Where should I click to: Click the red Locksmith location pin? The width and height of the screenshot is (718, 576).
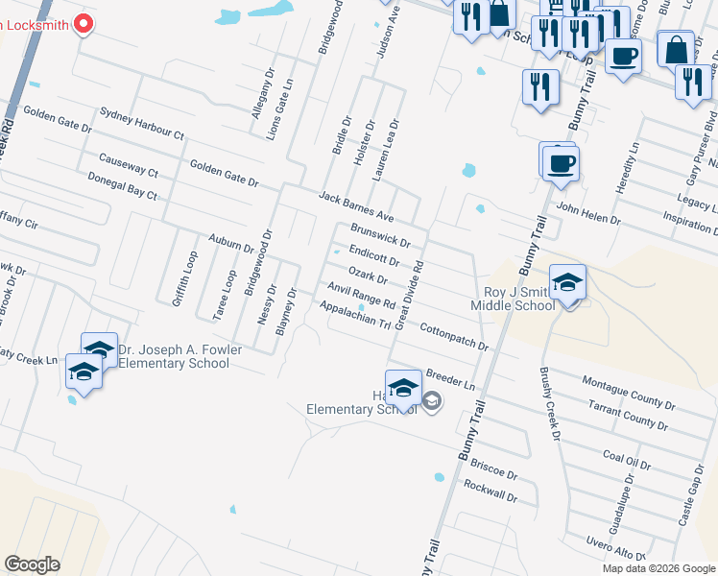pyautogui.click(x=83, y=24)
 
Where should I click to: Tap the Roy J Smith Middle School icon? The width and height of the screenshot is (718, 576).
pyautogui.click(x=568, y=284)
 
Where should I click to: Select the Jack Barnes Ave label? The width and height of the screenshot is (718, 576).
pyautogui.click(x=357, y=205)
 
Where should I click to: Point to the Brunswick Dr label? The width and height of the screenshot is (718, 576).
pyautogui.click(x=380, y=236)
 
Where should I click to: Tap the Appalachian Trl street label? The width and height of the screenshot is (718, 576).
pyautogui.click(x=354, y=316)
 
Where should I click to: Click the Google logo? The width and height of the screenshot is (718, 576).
pyautogui.click(x=32, y=564)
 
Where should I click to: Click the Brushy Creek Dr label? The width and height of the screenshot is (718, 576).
pyautogui.click(x=549, y=402)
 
